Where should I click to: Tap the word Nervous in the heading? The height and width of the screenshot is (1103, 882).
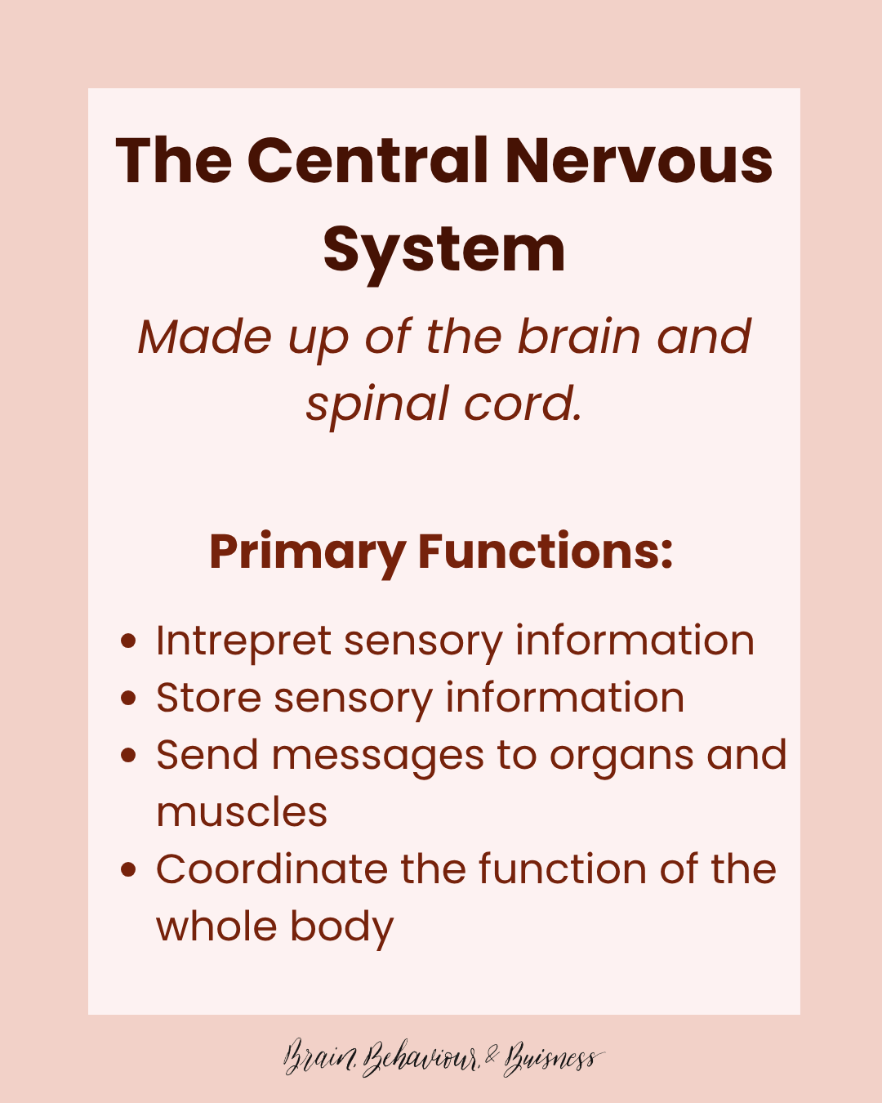tap(639, 160)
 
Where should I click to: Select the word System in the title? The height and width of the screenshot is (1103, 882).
tap(443, 250)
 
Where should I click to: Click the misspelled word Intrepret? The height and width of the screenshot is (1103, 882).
tap(243, 641)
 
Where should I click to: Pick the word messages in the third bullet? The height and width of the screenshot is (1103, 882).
tap(377, 757)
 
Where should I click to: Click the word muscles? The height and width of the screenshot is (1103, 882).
tap(242, 813)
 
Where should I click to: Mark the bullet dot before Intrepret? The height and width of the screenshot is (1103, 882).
tap(127, 641)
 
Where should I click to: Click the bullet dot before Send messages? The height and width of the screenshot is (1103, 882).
tap(127, 756)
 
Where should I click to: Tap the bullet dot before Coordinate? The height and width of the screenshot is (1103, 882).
tap(127, 870)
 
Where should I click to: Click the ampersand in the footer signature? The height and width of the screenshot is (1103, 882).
tap(491, 1057)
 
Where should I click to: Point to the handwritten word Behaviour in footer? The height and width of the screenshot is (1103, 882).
tap(421, 1059)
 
